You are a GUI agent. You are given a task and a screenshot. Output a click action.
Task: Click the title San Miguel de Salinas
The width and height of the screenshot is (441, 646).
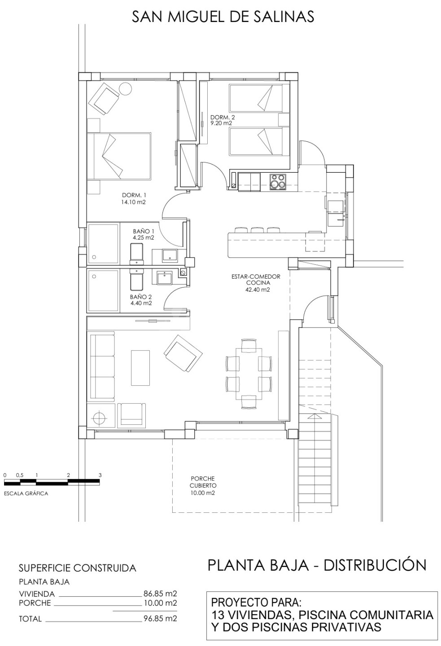pos(223,17)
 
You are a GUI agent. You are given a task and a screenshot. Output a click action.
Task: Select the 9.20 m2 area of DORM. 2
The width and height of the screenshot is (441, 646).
pos(222,123)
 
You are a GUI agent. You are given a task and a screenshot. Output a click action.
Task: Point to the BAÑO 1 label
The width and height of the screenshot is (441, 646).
pos(144,231)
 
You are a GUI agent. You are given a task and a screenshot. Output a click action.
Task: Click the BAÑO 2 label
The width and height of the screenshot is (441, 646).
pos(140,297)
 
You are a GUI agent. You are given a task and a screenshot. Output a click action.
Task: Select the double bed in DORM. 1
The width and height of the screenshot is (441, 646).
pos(119,156)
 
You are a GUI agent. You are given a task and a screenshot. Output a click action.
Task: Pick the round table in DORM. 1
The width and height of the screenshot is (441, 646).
pos(126,89)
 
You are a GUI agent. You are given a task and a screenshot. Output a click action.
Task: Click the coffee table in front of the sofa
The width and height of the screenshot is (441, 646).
pos(140,368)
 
